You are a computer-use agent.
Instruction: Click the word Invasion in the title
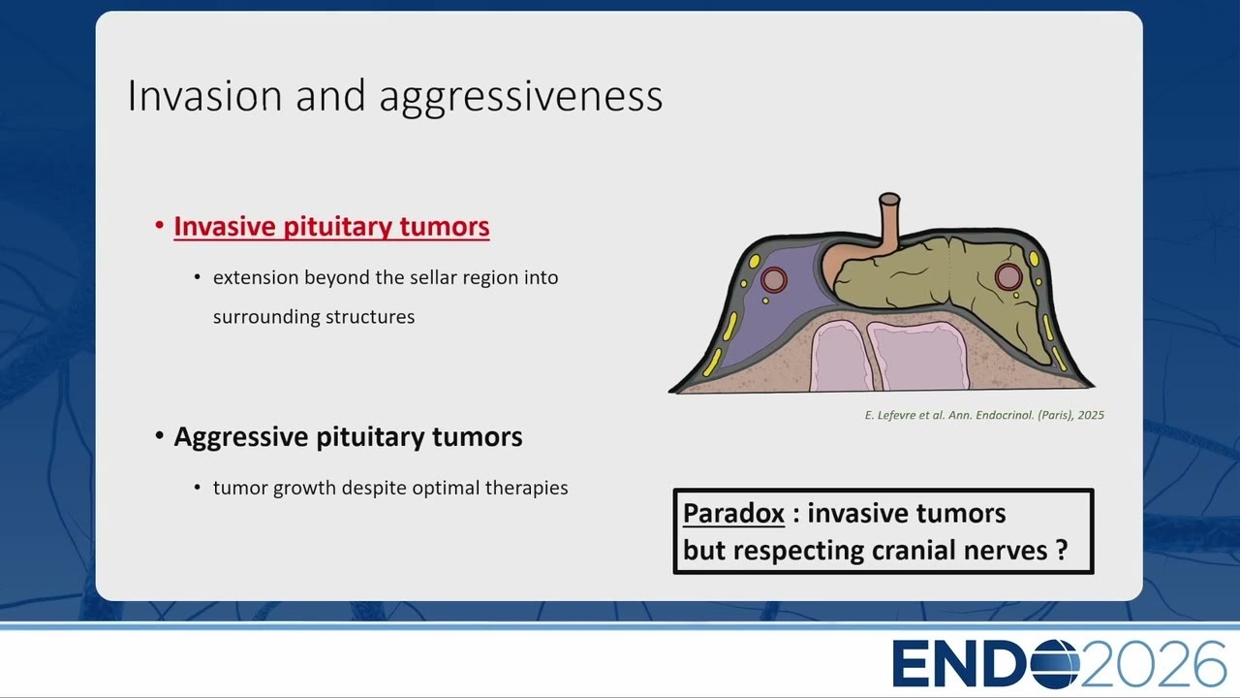point(205,95)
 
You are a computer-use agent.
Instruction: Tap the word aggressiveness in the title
point(521,98)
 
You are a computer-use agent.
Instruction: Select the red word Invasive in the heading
point(225,226)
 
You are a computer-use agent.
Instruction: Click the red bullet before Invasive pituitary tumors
point(160,225)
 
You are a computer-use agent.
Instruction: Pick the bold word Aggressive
point(241,437)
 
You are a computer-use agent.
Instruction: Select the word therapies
point(526,489)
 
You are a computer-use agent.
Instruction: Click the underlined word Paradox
point(733,513)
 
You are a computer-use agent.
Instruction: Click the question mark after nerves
point(1061,550)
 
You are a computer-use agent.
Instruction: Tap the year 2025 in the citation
point(1091,415)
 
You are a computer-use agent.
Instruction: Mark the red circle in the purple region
point(774,280)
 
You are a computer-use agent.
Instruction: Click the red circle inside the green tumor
point(1008,276)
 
